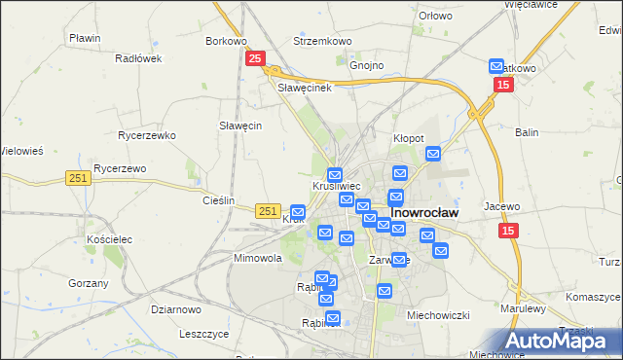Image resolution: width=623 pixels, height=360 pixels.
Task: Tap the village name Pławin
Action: (x=85, y=38)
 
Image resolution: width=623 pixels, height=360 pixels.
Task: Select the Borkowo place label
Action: (x=226, y=42)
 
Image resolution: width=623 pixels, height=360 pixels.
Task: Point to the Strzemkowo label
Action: (x=322, y=42)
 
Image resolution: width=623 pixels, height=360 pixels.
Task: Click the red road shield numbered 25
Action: (x=254, y=59)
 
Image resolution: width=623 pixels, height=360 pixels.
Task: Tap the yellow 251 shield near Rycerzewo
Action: (x=79, y=177)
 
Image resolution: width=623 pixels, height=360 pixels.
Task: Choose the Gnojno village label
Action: (x=367, y=66)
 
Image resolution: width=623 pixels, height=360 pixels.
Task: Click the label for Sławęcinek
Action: (x=306, y=88)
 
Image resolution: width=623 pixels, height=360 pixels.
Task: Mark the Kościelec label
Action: (x=109, y=239)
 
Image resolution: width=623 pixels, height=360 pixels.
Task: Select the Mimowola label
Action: (x=257, y=259)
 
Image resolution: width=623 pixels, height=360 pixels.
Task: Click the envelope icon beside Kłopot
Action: (x=433, y=153)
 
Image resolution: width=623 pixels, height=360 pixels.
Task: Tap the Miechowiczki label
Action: (x=438, y=315)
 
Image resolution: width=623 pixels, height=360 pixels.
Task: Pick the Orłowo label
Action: (x=435, y=16)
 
